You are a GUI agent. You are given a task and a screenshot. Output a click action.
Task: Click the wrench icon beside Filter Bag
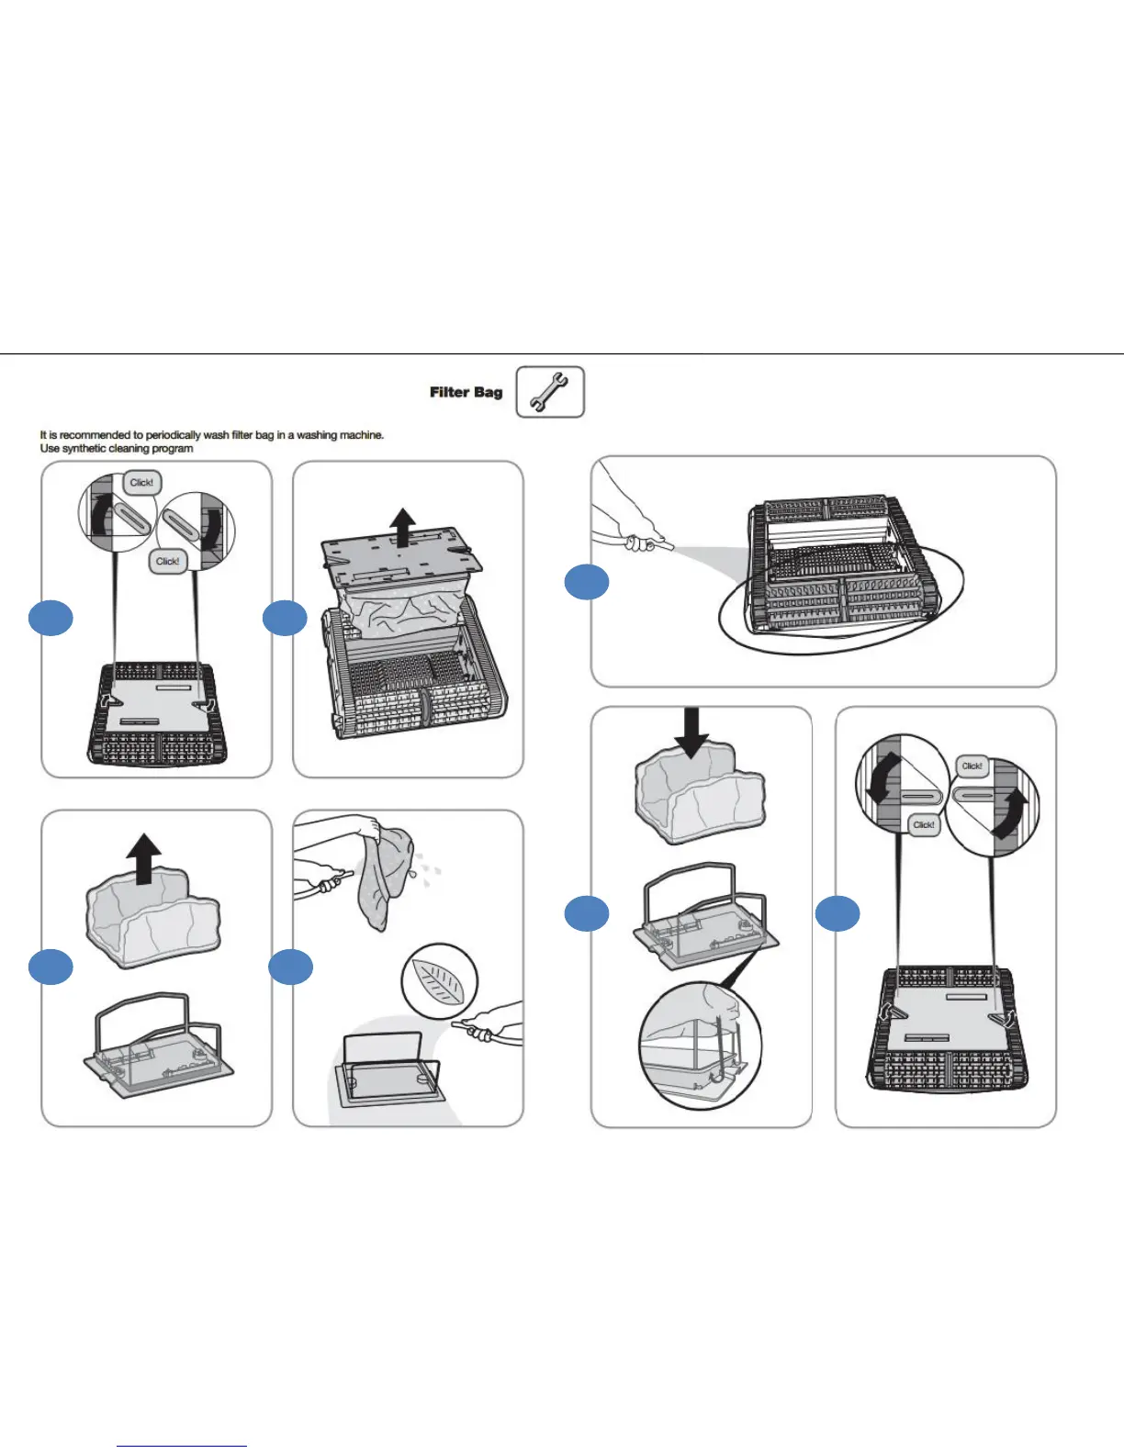(549, 392)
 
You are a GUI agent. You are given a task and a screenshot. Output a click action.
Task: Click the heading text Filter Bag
(466, 392)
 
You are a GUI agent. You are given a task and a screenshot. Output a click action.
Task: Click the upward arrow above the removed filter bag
(143, 859)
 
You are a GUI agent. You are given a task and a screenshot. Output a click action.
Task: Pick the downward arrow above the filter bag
(691, 733)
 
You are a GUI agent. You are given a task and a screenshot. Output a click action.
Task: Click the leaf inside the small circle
(439, 980)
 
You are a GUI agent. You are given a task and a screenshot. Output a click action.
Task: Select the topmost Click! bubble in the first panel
(141, 483)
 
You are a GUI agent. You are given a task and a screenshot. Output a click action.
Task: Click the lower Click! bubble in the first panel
(167, 561)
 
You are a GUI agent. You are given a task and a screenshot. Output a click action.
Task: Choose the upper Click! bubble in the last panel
(972, 766)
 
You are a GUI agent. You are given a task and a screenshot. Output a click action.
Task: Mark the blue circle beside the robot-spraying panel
(586, 583)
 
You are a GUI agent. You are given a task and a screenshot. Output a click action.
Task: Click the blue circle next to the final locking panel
(837, 913)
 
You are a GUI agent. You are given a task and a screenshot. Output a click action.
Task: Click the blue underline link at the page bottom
(182, 1446)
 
